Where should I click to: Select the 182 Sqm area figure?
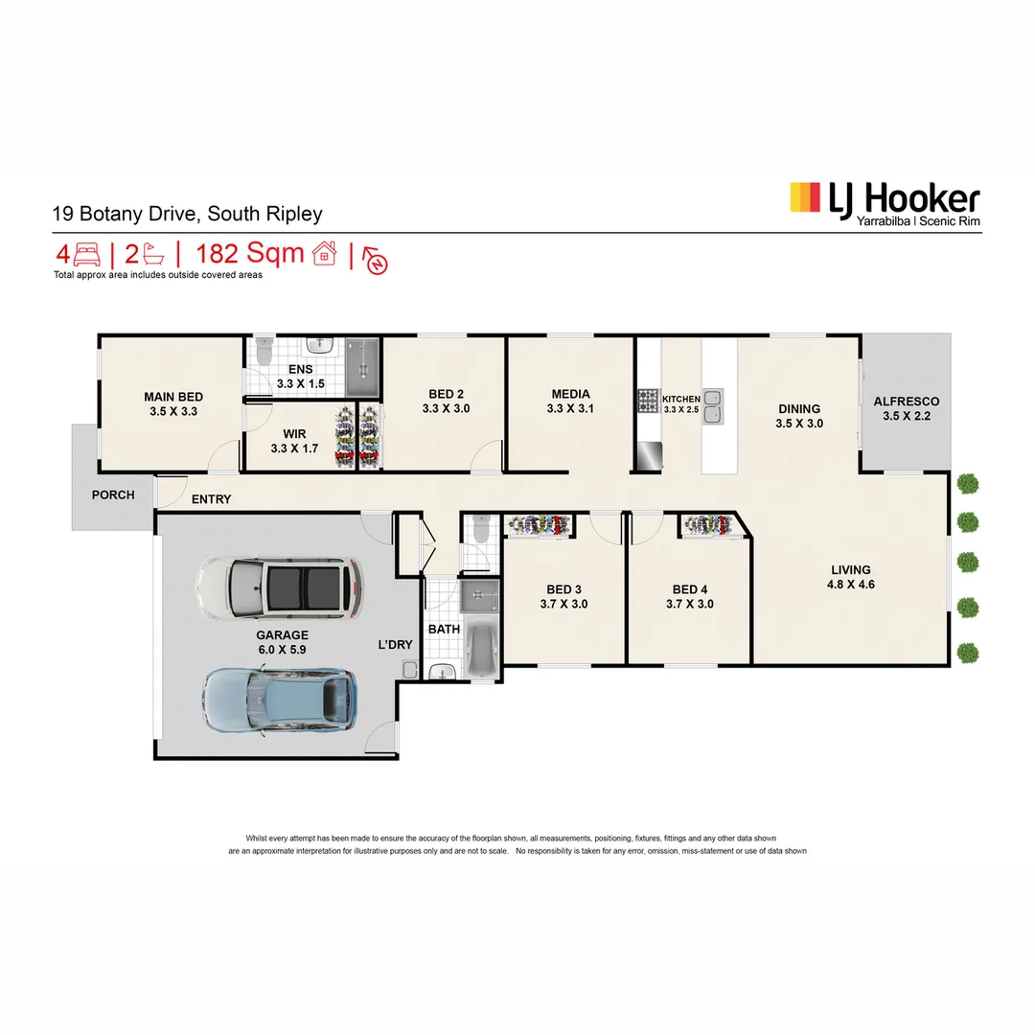pyautogui.click(x=250, y=254)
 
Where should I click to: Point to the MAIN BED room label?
pyautogui.click(x=173, y=397)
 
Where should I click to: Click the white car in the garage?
pyautogui.click(x=279, y=587)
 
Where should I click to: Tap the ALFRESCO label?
pyautogui.click(x=906, y=402)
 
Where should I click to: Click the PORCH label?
pyautogui.click(x=113, y=495)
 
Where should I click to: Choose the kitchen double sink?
pyautogui.click(x=714, y=406)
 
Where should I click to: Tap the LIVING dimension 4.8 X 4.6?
pyautogui.click(x=850, y=585)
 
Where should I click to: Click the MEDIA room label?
pyautogui.click(x=570, y=394)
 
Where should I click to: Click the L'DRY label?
pyautogui.click(x=395, y=645)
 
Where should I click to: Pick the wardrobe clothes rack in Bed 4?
pyautogui.click(x=708, y=526)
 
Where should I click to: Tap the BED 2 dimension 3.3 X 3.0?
pyautogui.click(x=446, y=408)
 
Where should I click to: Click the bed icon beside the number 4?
pyautogui.click(x=87, y=255)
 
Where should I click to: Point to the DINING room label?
pyautogui.click(x=798, y=409)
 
